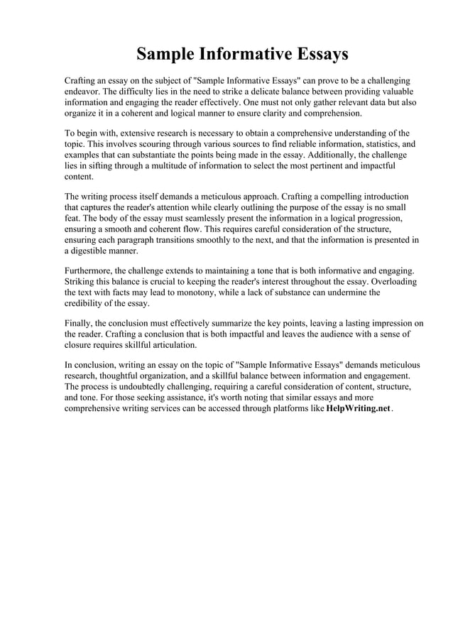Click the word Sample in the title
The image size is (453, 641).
click(x=165, y=54)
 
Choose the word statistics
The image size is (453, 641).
click(x=378, y=144)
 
